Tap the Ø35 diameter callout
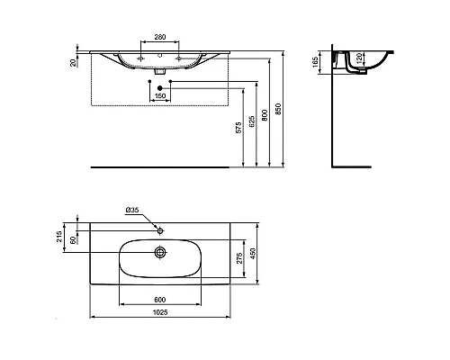click(132, 211)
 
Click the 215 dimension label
click(60, 236)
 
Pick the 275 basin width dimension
click(238, 258)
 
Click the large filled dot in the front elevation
click(149, 86)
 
